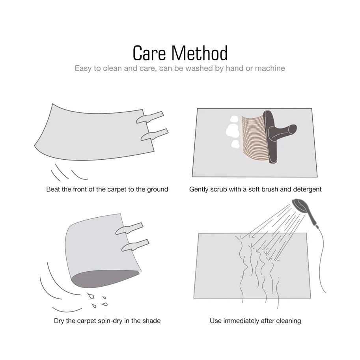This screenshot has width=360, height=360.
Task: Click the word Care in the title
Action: (149, 53)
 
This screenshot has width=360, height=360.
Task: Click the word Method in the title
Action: (200, 53)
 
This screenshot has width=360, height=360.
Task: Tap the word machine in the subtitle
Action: (270, 68)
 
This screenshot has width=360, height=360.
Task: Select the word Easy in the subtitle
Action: (83, 69)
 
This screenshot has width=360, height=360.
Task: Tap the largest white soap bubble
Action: (233, 131)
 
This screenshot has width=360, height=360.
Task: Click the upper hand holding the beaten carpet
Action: (150, 117)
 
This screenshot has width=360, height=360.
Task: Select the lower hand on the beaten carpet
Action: (154, 134)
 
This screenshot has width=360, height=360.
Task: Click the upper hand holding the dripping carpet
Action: (129, 228)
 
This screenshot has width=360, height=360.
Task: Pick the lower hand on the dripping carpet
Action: (135, 245)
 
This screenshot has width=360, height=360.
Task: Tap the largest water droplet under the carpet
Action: (91, 296)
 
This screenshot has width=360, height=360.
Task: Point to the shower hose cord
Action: (321, 259)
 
